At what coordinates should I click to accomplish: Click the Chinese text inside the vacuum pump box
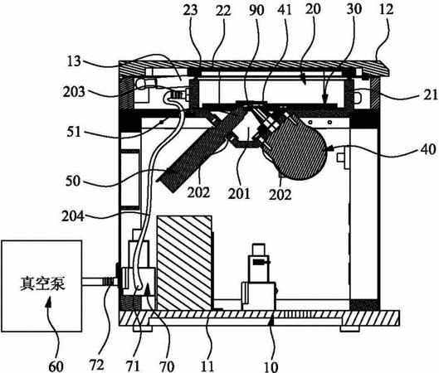point(42,283)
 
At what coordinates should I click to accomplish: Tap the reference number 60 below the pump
point(56,366)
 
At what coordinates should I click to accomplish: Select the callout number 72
point(97,365)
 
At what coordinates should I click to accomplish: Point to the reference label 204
point(73,216)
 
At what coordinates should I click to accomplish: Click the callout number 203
point(74,91)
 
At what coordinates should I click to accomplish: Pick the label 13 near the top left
point(74,61)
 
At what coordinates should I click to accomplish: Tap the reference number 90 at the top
point(256,10)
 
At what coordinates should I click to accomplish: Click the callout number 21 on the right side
point(431,95)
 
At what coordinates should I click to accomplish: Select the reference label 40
point(428,149)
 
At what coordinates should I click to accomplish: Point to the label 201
point(239,194)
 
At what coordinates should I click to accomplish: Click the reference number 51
point(74,132)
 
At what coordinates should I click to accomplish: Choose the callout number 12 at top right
point(387,9)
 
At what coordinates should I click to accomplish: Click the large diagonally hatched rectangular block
point(184,263)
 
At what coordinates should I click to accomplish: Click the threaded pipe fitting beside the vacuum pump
point(109,281)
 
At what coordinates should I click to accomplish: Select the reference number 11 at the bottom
point(207,366)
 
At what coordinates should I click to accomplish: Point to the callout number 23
point(191,10)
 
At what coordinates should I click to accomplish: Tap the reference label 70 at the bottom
point(167,366)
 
